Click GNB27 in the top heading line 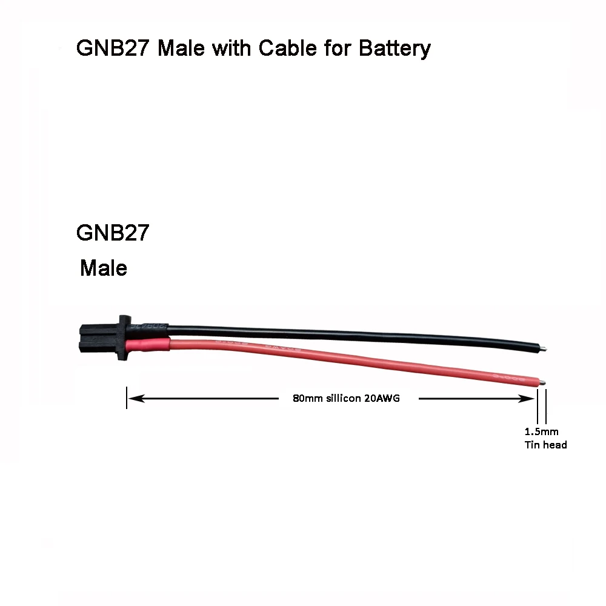pyautogui.click(x=113, y=48)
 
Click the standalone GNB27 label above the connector pyautogui.click(x=113, y=233)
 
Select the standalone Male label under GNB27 pyautogui.click(x=104, y=268)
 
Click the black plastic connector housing pyautogui.click(x=103, y=338)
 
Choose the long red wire pyautogui.click(x=364, y=363)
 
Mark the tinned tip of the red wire pyautogui.click(x=543, y=382)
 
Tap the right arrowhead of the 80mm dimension pyautogui.click(x=527, y=399)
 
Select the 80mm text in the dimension pyautogui.click(x=305, y=399)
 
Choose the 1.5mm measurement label pyautogui.click(x=541, y=432)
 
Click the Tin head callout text pyautogui.click(x=545, y=445)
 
